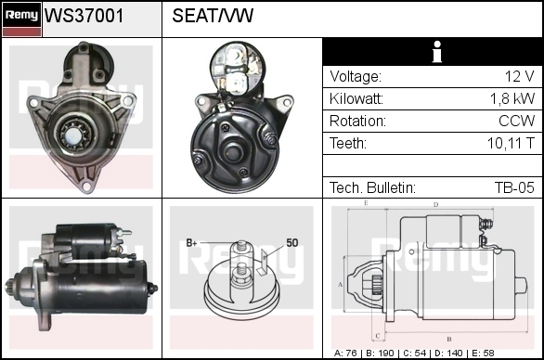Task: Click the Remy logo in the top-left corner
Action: pyautogui.click(x=22, y=19)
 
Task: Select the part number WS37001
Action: pyautogui.click(x=84, y=16)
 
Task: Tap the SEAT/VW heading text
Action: pyautogui.click(x=213, y=16)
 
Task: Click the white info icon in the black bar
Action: pyautogui.click(x=437, y=52)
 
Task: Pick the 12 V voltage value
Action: pyautogui.click(x=519, y=76)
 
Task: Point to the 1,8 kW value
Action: pyautogui.click(x=512, y=99)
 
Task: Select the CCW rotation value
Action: pyautogui.click(x=516, y=121)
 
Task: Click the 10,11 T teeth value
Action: pyautogui.click(x=511, y=143)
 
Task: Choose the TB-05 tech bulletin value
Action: pyautogui.click(x=514, y=187)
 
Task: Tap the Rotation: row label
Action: pyautogui.click(x=357, y=121)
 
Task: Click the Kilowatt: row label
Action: pyautogui.click(x=356, y=99)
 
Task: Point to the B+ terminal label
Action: pyautogui.click(x=191, y=243)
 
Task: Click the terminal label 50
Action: pyautogui.click(x=292, y=243)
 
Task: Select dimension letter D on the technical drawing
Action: pyautogui.click(x=436, y=205)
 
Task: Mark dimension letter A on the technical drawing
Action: pyautogui.click(x=341, y=285)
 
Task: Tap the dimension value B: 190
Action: pyautogui.click(x=380, y=354)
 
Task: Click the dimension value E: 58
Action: pyautogui.click(x=483, y=354)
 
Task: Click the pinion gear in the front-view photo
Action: pyautogui.click(x=75, y=134)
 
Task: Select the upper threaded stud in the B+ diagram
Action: pyautogui.click(x=241, y=246)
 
